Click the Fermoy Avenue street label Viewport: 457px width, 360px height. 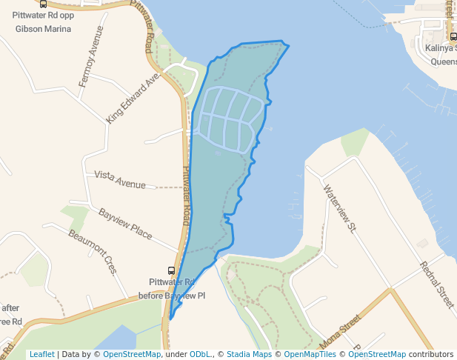(x=88, y=66)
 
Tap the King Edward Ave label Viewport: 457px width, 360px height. (x=133, y=98)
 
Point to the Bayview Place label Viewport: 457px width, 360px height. (x=125, y=224)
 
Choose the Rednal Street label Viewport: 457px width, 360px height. (x=436, y=285)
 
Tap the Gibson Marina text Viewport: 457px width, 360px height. (x=43, y=29)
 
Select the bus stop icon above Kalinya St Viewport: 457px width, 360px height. (x=453, y=36)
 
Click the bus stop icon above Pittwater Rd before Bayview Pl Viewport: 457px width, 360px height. (x=171, y=271)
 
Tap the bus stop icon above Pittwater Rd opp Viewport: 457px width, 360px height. (x=43, y=4)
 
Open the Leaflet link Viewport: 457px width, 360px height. (x=41, y=354)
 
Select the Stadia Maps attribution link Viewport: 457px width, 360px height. (x=249, y=354)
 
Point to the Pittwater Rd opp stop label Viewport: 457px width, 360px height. (x=43, y=15)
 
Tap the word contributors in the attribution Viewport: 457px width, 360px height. (x=431, y=354)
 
